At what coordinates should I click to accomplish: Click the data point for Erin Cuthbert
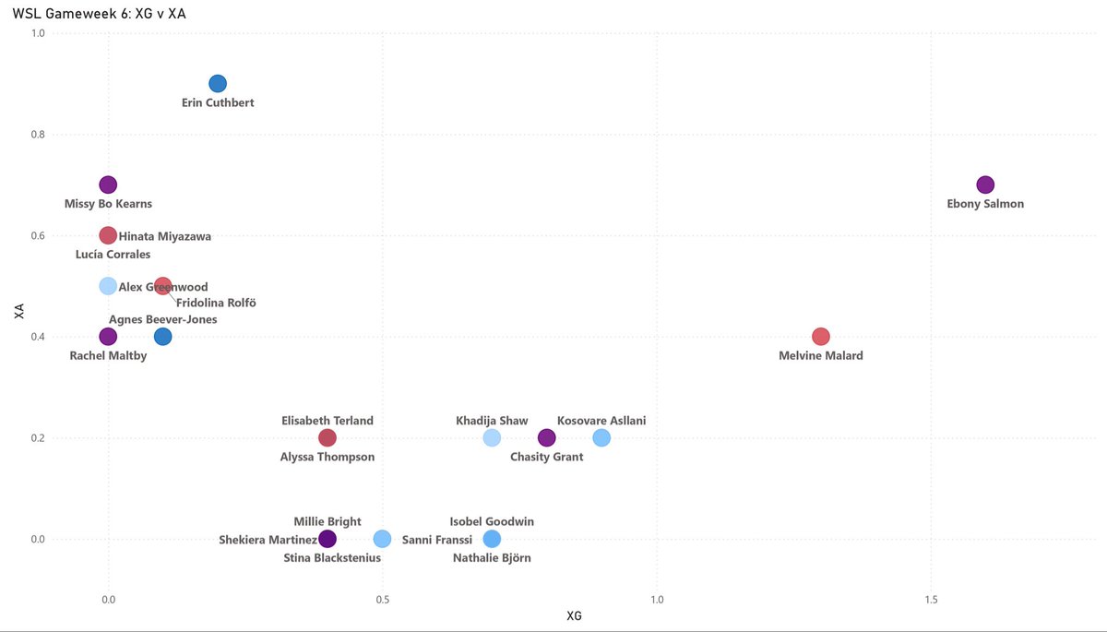(x=218, y=84)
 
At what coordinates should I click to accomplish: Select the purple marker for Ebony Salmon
(x=985, y=185)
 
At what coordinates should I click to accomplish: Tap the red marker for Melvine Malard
(x=821, y=337)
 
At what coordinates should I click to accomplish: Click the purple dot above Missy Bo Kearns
(x=108, y=185)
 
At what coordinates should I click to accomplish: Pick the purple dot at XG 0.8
(x=546, y=437)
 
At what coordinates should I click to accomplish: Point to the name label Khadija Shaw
(x=492, y=421)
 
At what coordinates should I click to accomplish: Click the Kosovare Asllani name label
(x=601, y=421)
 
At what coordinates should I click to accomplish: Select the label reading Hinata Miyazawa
(x=165, y=237)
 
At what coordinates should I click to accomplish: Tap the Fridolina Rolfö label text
(x=215, y=304)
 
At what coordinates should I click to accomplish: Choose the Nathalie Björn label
(x=492, y=558)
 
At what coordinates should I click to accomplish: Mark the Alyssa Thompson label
(x=327, y=457)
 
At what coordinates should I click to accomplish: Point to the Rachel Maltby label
(x=108, y=356)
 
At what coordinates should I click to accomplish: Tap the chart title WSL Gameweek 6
(x=105, y=14)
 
